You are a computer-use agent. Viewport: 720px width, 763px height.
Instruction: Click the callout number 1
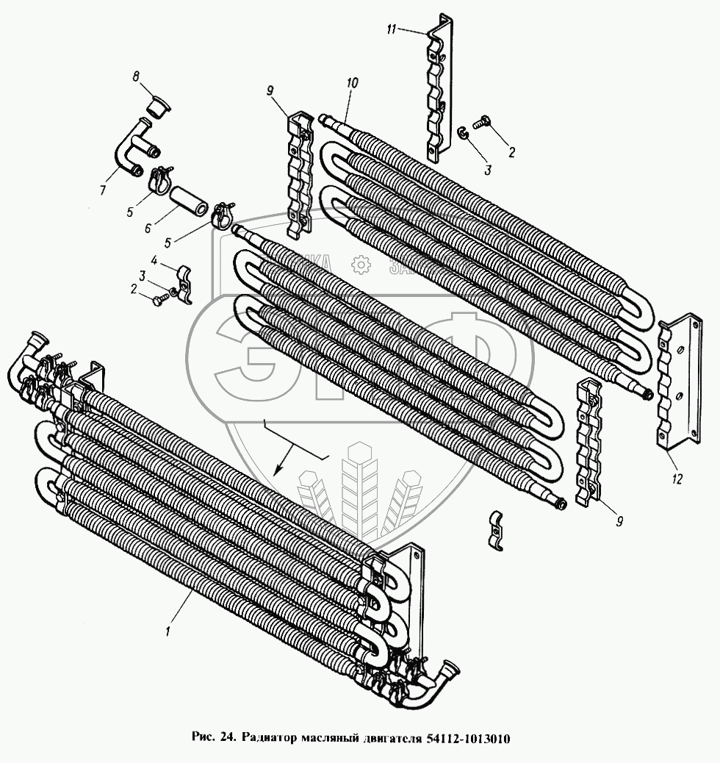pos(169,631)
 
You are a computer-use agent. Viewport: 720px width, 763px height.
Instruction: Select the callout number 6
pos(148,229)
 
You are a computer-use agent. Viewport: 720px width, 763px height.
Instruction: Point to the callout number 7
pos(103,191)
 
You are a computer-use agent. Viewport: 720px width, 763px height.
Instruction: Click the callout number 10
pos(353,83)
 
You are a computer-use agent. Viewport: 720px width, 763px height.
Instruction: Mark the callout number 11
pos(392,29)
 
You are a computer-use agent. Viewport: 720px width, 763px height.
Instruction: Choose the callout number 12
pos(677,479)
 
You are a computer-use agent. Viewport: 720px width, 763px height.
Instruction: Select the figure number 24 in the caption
pos(226,737)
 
